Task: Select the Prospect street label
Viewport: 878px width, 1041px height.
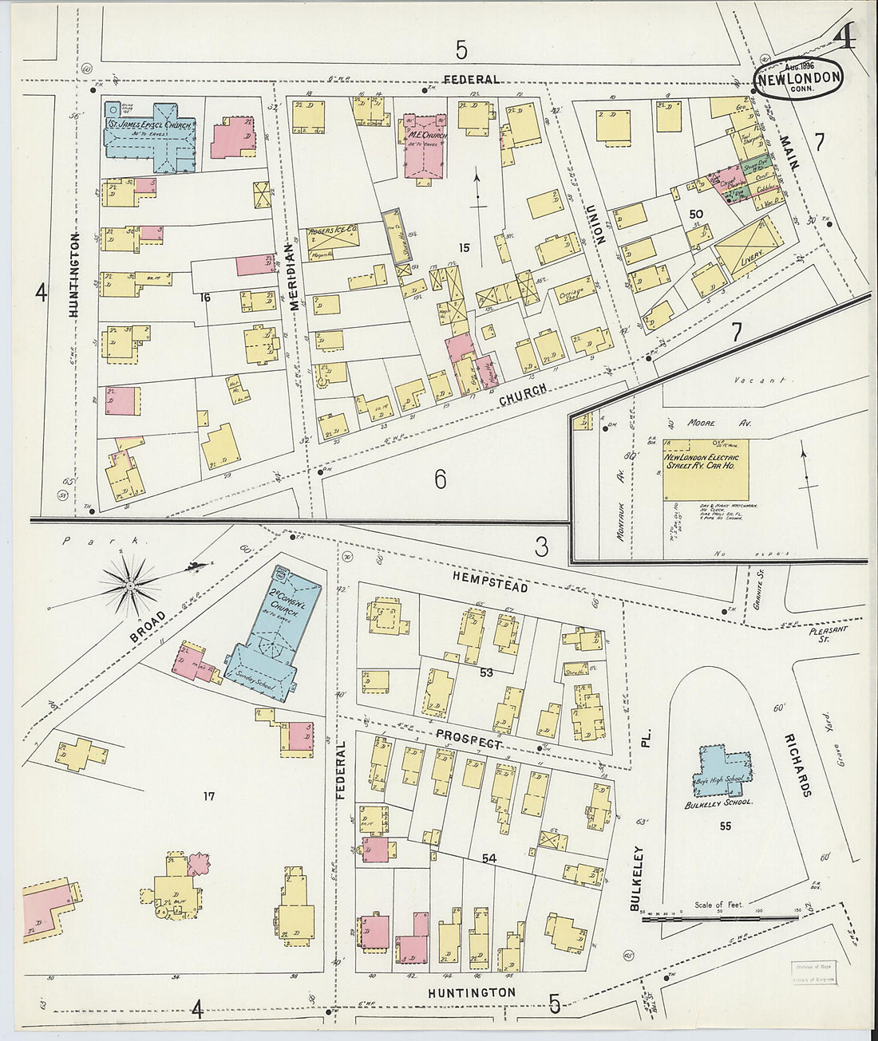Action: point(469,738)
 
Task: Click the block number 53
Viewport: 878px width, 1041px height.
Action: point(486,672)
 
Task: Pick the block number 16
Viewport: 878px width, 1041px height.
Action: point(205,298)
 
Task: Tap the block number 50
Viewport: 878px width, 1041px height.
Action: point(696,214)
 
